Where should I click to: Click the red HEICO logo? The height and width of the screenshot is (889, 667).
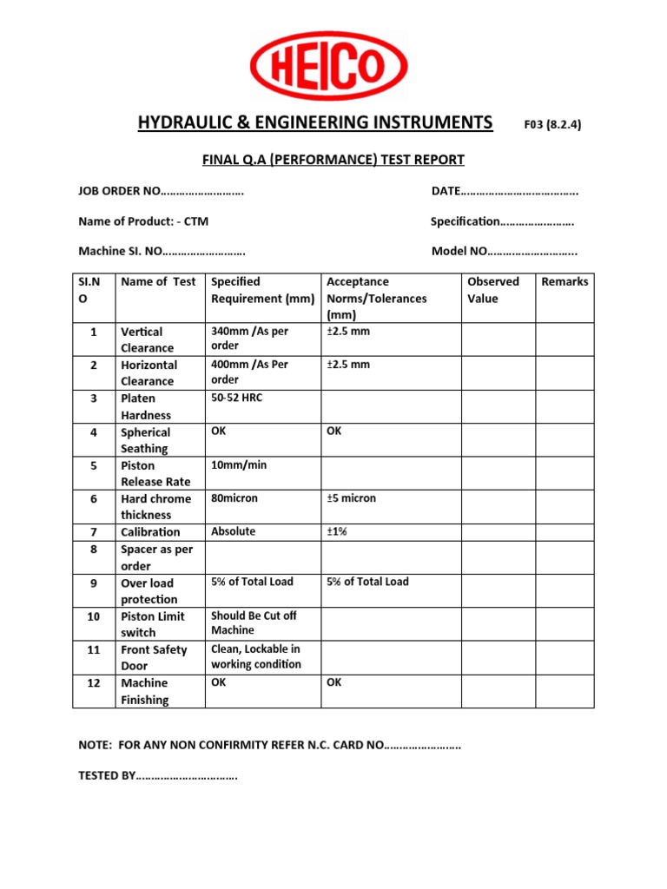(329, 66)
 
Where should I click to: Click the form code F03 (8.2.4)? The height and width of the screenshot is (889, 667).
(552, 124)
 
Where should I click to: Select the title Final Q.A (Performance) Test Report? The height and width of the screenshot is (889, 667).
(333, 160)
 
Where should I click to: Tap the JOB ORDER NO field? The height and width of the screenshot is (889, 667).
(162, 191)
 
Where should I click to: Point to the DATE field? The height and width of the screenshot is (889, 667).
(505, 191)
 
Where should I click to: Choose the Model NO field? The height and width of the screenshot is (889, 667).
(505, 252)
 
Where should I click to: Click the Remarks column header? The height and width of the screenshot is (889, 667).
(565, 282)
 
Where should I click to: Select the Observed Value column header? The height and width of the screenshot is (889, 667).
(493, 290)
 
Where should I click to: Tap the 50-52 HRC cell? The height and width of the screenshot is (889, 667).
(236, 398)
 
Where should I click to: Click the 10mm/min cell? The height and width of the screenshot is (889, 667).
(239, 465)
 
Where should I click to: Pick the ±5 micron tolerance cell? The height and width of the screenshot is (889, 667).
(352, 498)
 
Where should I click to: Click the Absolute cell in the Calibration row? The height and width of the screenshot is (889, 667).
(234, 531)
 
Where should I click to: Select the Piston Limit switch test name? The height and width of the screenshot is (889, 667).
(152, 624)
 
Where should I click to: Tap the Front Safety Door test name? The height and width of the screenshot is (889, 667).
(154, 657)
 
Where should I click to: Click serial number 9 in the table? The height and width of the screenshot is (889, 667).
(93, 583)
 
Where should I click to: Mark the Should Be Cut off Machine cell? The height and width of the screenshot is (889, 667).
(254, 622)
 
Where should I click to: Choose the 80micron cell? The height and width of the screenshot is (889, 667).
(234, 498)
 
